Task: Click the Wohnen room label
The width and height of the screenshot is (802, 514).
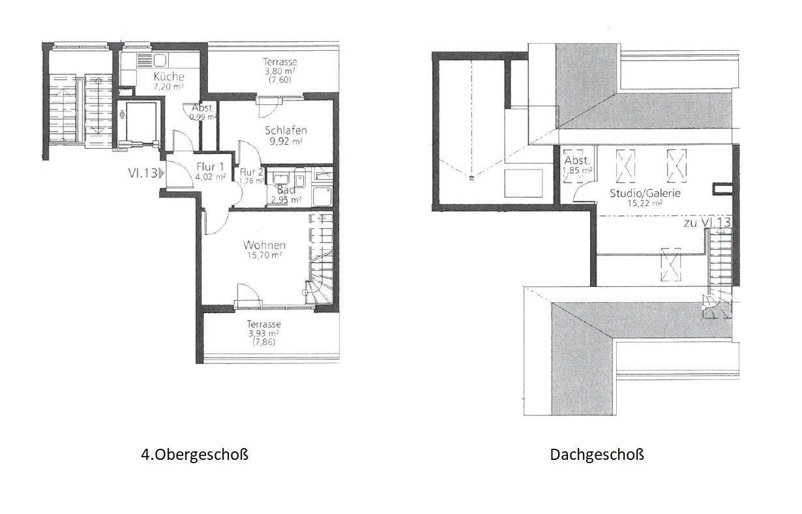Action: [x=264, y=245]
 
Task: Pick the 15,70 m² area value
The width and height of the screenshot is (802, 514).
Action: [x=264, y=256]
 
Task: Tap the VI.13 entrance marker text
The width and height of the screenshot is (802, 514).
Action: [x=143, y=173]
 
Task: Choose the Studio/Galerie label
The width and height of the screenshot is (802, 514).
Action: [x=636, y=193]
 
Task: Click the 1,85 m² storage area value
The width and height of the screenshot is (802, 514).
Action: [x=578, y=170]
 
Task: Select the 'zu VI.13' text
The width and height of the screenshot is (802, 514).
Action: [x=706, y=222]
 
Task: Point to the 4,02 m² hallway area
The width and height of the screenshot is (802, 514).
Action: [x=211, y=176]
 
